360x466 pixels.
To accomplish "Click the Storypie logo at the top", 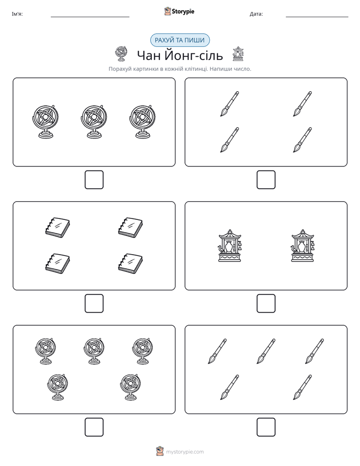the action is (x=179, y=11).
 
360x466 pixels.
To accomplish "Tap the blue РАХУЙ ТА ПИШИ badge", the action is (x=179, y=40).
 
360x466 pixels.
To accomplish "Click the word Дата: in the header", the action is (x=256, y=14).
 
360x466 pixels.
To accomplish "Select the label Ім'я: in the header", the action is (x=17, y=14).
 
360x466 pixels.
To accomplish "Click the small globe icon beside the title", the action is (x=121, y=54).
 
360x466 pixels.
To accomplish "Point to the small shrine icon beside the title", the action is (x=238, y=54).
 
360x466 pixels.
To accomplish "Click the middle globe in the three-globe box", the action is (x=94, y=122).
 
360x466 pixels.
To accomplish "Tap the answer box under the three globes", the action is (x=94, y=180).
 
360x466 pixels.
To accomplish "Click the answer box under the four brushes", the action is (x=266, y=180).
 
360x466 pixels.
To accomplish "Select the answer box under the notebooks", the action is (x=94, y=303).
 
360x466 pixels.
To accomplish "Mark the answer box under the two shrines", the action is (x=266, y=303).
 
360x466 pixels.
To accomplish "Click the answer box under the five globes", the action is (x=94, y=427).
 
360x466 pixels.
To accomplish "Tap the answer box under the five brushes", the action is (x=266, y=427).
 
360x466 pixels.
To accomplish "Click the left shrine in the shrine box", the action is (x=229, y=246).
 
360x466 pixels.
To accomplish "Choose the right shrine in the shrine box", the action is (x=303, y=246).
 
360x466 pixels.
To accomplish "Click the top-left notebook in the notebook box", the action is (x=57, y=227).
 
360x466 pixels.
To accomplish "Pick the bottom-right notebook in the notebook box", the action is (x=131, y=263).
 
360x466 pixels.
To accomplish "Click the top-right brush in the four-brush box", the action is (x=303, y=104).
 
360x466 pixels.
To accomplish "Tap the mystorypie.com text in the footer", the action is (x=185, y=452).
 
